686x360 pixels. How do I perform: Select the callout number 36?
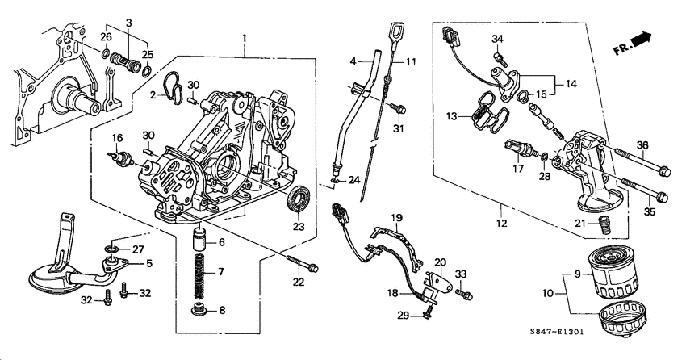pos(642,144)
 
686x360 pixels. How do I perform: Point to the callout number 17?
pos(517,170)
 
